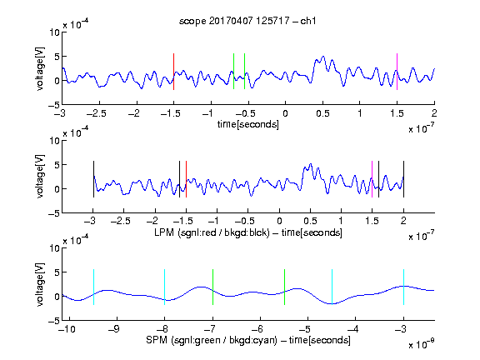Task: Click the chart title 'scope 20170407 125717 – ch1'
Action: [x=247, y=21]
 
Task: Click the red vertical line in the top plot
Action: [x=174, y=72]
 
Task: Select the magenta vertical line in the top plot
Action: [x=397, y=72]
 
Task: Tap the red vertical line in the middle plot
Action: [x=186, y=179]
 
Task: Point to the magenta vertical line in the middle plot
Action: [x=372, y=179]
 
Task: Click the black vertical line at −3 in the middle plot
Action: [x=93, y=179]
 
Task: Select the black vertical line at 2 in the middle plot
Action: [x=403, y=179]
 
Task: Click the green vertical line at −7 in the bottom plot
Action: [x=212, y=287]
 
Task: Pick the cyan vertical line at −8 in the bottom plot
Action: [x=165, y=287]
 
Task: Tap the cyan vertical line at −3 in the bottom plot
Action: [x=404, y=287]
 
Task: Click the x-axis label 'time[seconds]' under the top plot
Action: [x=248, y=125]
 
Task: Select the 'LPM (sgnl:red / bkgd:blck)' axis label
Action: [x=212, y=232]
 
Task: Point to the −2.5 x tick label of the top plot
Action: [x=97, y=113]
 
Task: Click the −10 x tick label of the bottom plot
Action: [x=67, y=329]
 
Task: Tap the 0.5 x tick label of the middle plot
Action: [x=310, y=221]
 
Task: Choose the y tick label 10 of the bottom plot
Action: [x=55, y=248]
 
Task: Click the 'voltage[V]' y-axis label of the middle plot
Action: [x=40, y=177]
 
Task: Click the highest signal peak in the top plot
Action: [x=323, y=57]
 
